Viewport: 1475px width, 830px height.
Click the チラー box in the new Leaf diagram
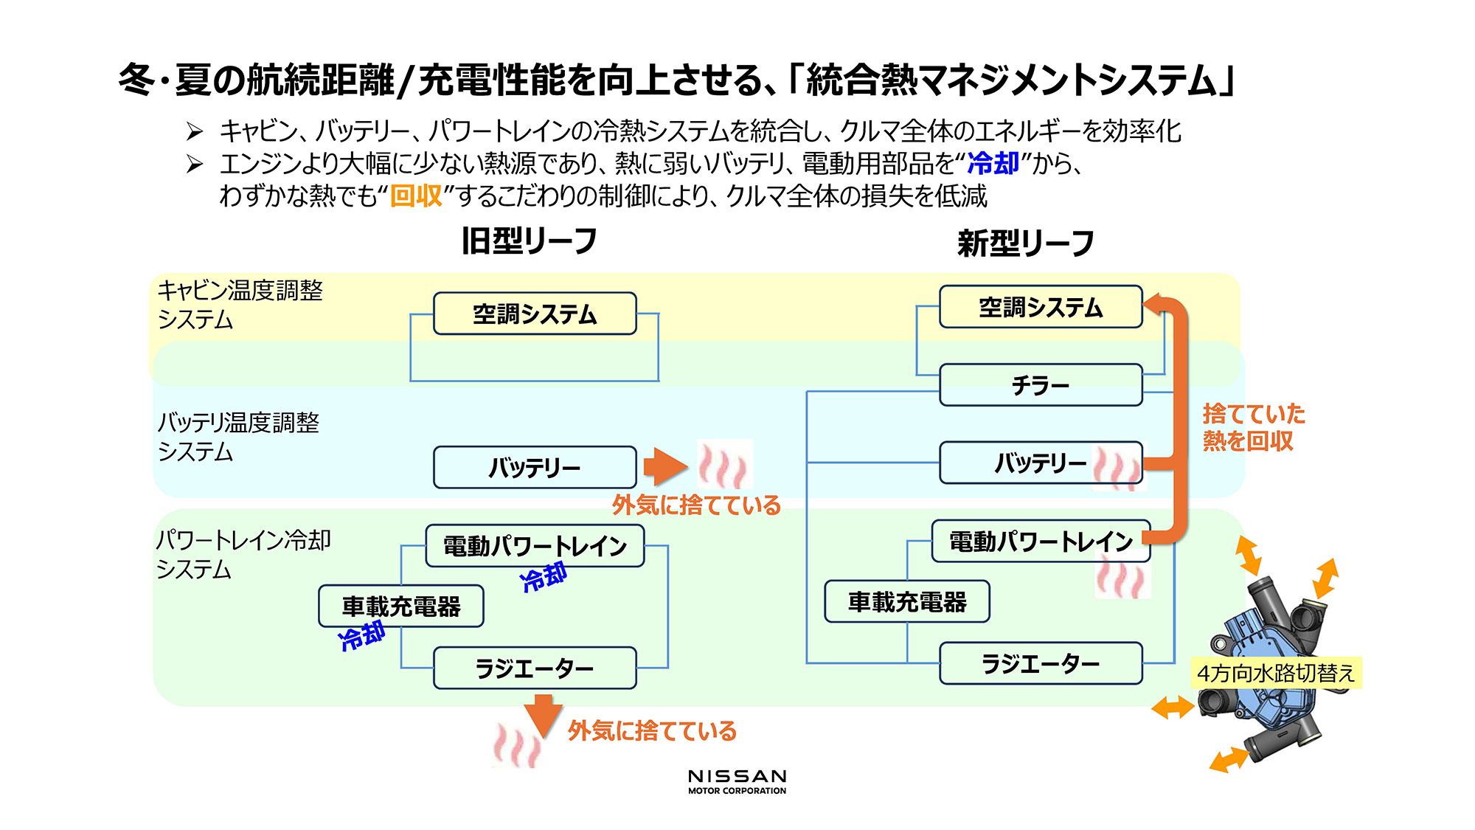[x=1040, y=384]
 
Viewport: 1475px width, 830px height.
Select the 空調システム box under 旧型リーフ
[x=535, y=314]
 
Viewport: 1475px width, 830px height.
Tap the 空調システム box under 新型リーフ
[x=1040, y=307]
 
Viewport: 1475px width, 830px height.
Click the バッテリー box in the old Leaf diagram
[x=535, y=467]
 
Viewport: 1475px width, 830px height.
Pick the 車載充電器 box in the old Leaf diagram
[x=400, y=606]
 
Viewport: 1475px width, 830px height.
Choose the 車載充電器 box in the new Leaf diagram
[x=906, y=601]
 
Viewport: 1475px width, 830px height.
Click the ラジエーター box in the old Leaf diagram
[x=535, y=668]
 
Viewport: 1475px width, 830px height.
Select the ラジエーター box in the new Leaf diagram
[x=1040, y=663]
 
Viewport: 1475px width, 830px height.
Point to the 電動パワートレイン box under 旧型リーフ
[x=535, y=545]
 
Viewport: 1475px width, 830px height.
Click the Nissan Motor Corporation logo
[x=737, y=781]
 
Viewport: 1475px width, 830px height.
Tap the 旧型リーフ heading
[x=529, y=241]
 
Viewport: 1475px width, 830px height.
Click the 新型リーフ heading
[x=1025, y=243]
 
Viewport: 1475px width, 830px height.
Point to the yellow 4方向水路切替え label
[x=1276, y=673]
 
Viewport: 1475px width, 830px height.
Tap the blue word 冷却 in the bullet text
[x=993, y=163]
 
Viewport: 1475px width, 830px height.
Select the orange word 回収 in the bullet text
[x=416, y=196]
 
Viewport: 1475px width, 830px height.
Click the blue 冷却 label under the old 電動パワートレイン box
[x=544, y=577]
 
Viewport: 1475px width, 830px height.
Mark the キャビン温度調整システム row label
[x=240, y=305]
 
